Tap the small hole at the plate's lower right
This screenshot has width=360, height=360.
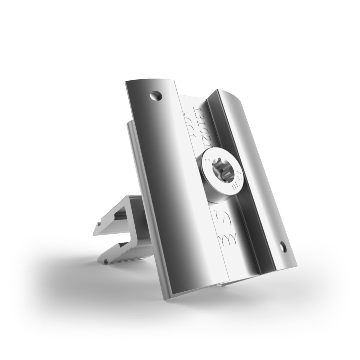tap(283, 247)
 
